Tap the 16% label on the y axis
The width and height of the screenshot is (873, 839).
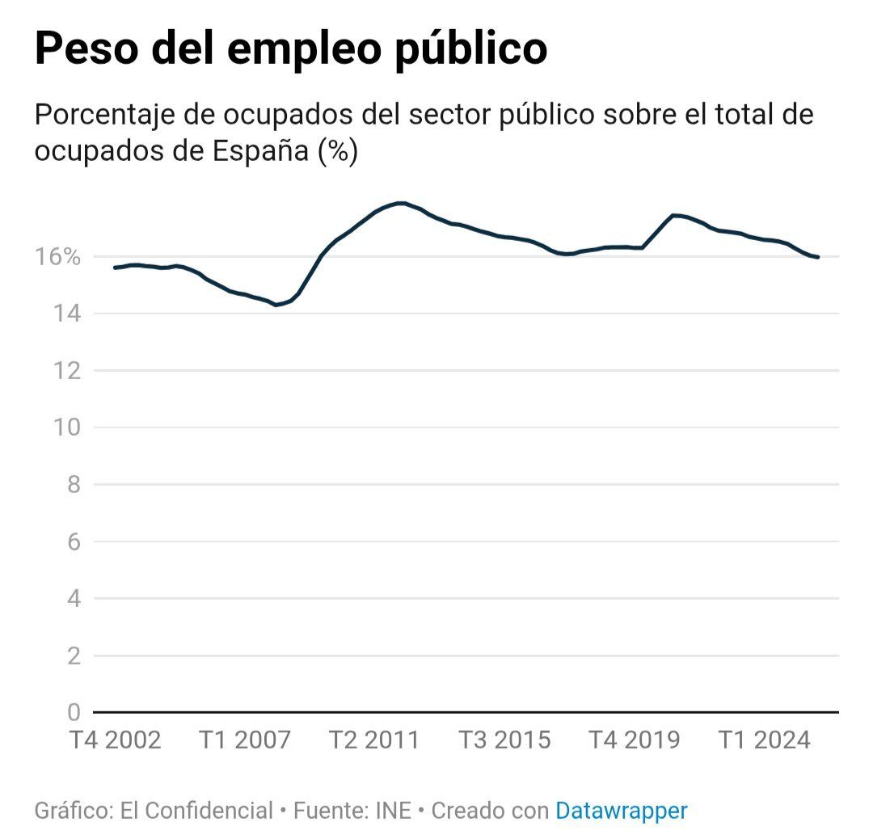59,257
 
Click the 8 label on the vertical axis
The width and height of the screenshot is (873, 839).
74,485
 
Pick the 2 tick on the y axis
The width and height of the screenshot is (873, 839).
74,656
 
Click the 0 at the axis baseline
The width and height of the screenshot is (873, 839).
74,713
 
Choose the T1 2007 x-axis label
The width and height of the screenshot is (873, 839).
244,740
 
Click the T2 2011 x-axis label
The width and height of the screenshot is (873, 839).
374,740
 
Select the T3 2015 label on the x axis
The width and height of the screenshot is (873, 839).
504,740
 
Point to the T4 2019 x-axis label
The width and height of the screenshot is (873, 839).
634,740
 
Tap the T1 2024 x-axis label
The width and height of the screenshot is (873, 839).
765,740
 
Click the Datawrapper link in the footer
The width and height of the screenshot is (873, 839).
621,811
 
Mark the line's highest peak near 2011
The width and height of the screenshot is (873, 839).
400,203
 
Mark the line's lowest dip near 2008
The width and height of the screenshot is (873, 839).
276,305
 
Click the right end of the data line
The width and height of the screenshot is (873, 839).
818,257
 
